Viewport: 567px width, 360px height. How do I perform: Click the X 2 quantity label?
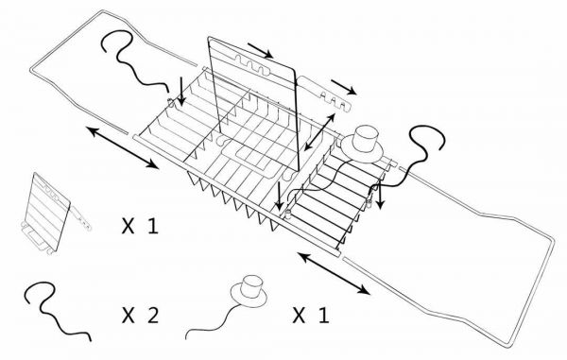tap(140, 316)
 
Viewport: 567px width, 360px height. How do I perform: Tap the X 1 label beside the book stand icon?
tap(140, 226)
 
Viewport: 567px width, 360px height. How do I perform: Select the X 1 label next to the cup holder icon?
tap(311, 316)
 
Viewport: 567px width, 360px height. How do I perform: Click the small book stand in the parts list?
tap(54, 214)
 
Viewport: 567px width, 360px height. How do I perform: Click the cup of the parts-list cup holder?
tap(251, 287)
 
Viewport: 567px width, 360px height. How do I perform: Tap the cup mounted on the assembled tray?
tap(365, 139)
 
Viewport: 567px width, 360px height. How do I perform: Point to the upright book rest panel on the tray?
tap(253, 105)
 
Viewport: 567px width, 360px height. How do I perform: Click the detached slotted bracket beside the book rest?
tap(325, 94)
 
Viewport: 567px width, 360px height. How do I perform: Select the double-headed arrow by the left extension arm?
tap(123, 147)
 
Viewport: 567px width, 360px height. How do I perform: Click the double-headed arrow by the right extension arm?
tap(334, 274)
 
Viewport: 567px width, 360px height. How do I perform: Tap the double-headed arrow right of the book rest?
tap(319, 131)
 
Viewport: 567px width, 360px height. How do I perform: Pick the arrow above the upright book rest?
tap(261, 50)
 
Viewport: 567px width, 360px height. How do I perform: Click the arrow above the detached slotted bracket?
tap(344, 87)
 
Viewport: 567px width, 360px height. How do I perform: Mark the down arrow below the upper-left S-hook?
tap(181, 92)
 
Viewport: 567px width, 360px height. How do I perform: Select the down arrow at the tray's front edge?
tap(279, 197)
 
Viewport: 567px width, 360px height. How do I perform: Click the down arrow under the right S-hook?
tap(379, 197)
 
